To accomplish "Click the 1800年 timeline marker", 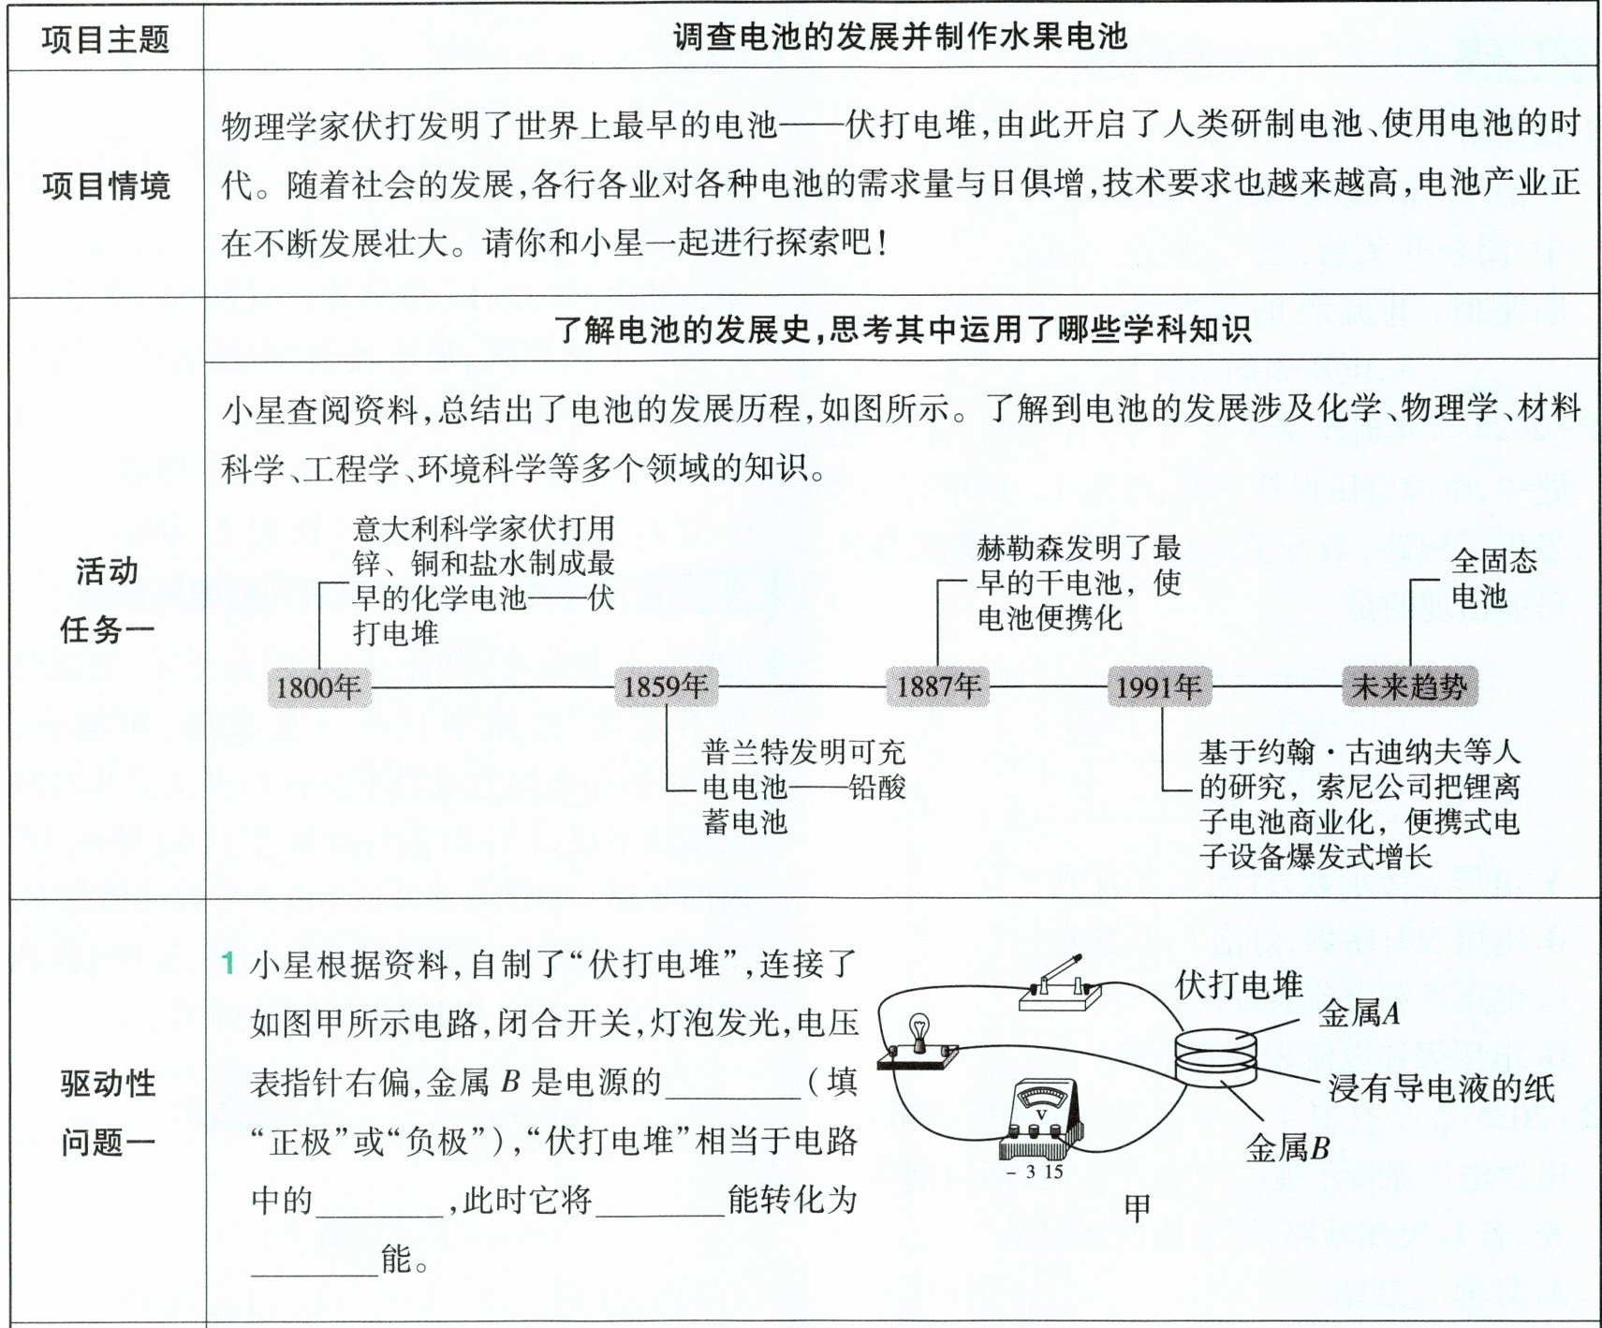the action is pos(318,687).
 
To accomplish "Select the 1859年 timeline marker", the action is pos(666,686).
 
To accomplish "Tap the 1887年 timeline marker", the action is pos(938,686).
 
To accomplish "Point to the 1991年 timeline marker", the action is pos(1159,687).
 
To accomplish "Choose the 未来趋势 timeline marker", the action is pos(1409,686).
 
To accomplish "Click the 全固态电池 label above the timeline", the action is pos(1492,578).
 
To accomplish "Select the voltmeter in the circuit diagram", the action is pos(1040,1122).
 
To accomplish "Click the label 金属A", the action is pos(1359,1013).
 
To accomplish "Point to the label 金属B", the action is pos(1287,1148).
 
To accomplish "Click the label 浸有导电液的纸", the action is pos(1441,1088).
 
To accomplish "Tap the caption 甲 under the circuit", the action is pos(1138,1208).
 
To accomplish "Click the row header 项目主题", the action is pos(106,39).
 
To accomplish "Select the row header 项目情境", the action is pos(106,185).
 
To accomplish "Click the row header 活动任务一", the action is pos(106,599).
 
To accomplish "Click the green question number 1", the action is pos(228,963).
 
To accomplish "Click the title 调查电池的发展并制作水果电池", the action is pos(899,37).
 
